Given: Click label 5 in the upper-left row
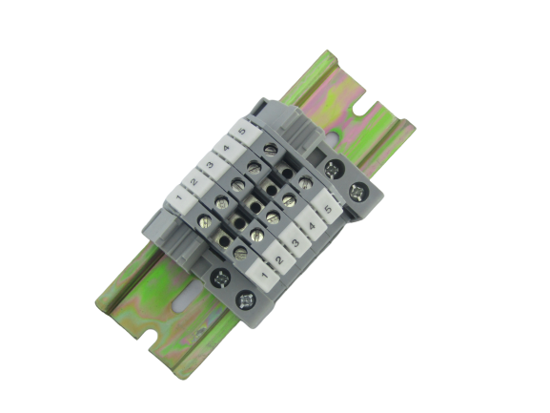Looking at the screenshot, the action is point(242,132).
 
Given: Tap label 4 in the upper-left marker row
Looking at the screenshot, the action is point(226,148).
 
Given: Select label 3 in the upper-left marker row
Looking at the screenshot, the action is point(210,164).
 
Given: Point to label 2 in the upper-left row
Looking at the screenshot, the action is point(194,182).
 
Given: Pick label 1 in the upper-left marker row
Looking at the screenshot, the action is point(179,197).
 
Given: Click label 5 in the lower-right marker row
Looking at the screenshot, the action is point(328,209).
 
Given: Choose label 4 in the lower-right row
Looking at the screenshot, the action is point(312,225).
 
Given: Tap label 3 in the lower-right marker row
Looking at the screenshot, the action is point(295,242).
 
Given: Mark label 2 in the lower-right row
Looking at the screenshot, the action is point(279,259).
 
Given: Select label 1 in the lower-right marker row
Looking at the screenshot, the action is point(264,275).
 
